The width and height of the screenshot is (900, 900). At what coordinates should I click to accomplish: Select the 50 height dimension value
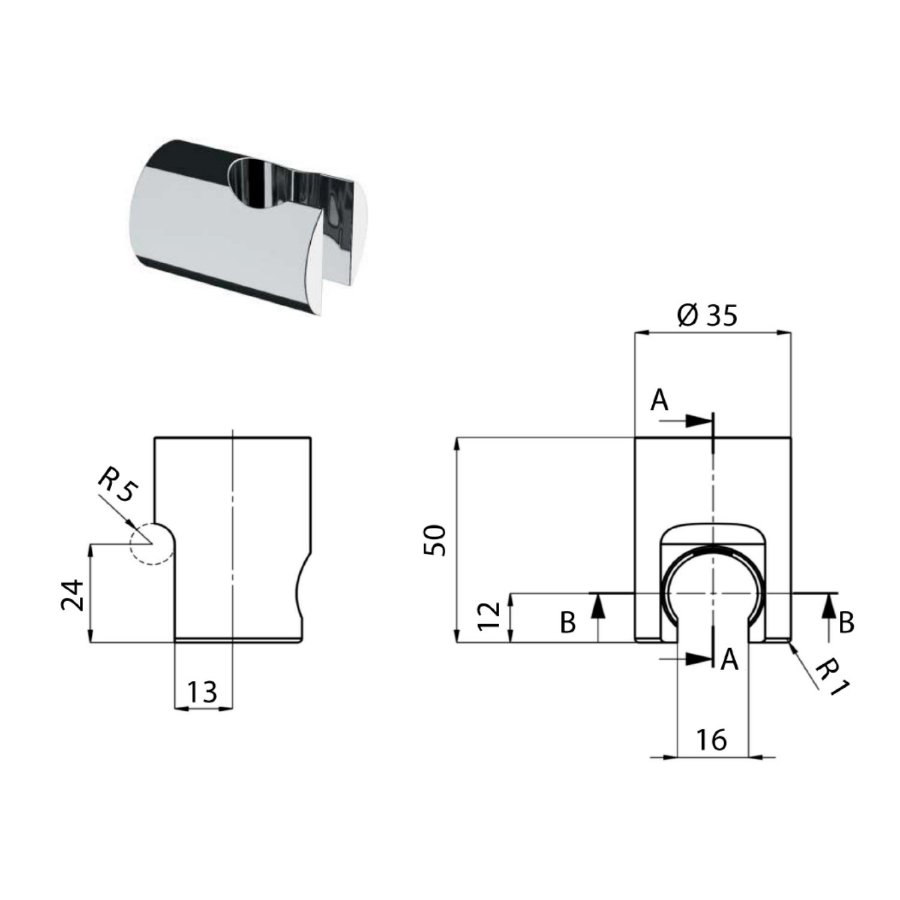[435, 540]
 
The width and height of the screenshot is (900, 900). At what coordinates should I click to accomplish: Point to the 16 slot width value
[712, 740]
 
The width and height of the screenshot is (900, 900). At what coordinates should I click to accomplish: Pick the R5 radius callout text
[118, 488]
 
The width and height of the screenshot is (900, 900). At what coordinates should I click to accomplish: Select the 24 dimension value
[74, 594]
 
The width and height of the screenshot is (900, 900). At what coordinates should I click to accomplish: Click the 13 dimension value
[202, 692]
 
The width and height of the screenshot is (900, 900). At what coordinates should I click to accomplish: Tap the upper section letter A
[659, 400]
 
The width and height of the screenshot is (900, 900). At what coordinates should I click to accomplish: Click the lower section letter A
[729, 660]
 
